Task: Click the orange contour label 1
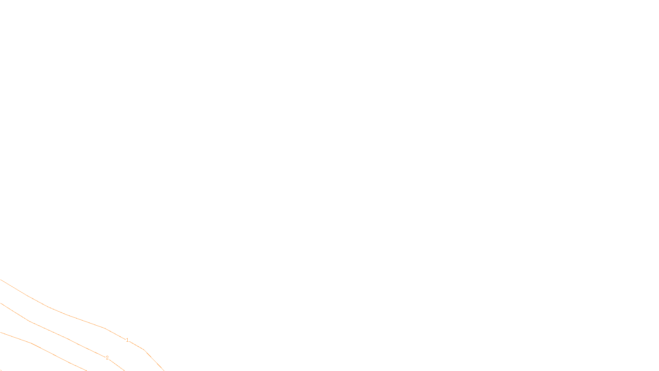coord(127,340)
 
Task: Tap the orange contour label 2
coord(107,358)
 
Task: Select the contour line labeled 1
coord(66,315)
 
